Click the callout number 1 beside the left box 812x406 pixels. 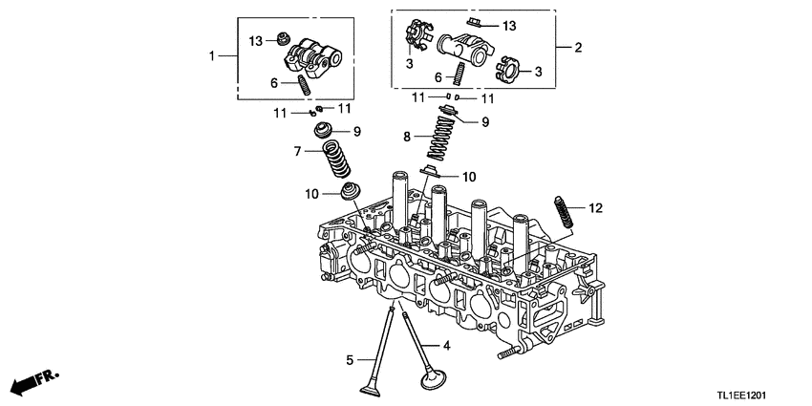pyautogui.click(x=212, y=57)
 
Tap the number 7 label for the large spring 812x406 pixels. pyautogui.click(x=298, y=151)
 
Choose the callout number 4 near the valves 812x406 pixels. pyautogui.click(x=445, y=345)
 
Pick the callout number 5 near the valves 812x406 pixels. pyautogui.click(x=350, y=360)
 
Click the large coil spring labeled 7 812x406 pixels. pyautogui.click(x=333, y=159)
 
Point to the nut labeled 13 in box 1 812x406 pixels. pyautogui.click(x=281, y=38)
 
